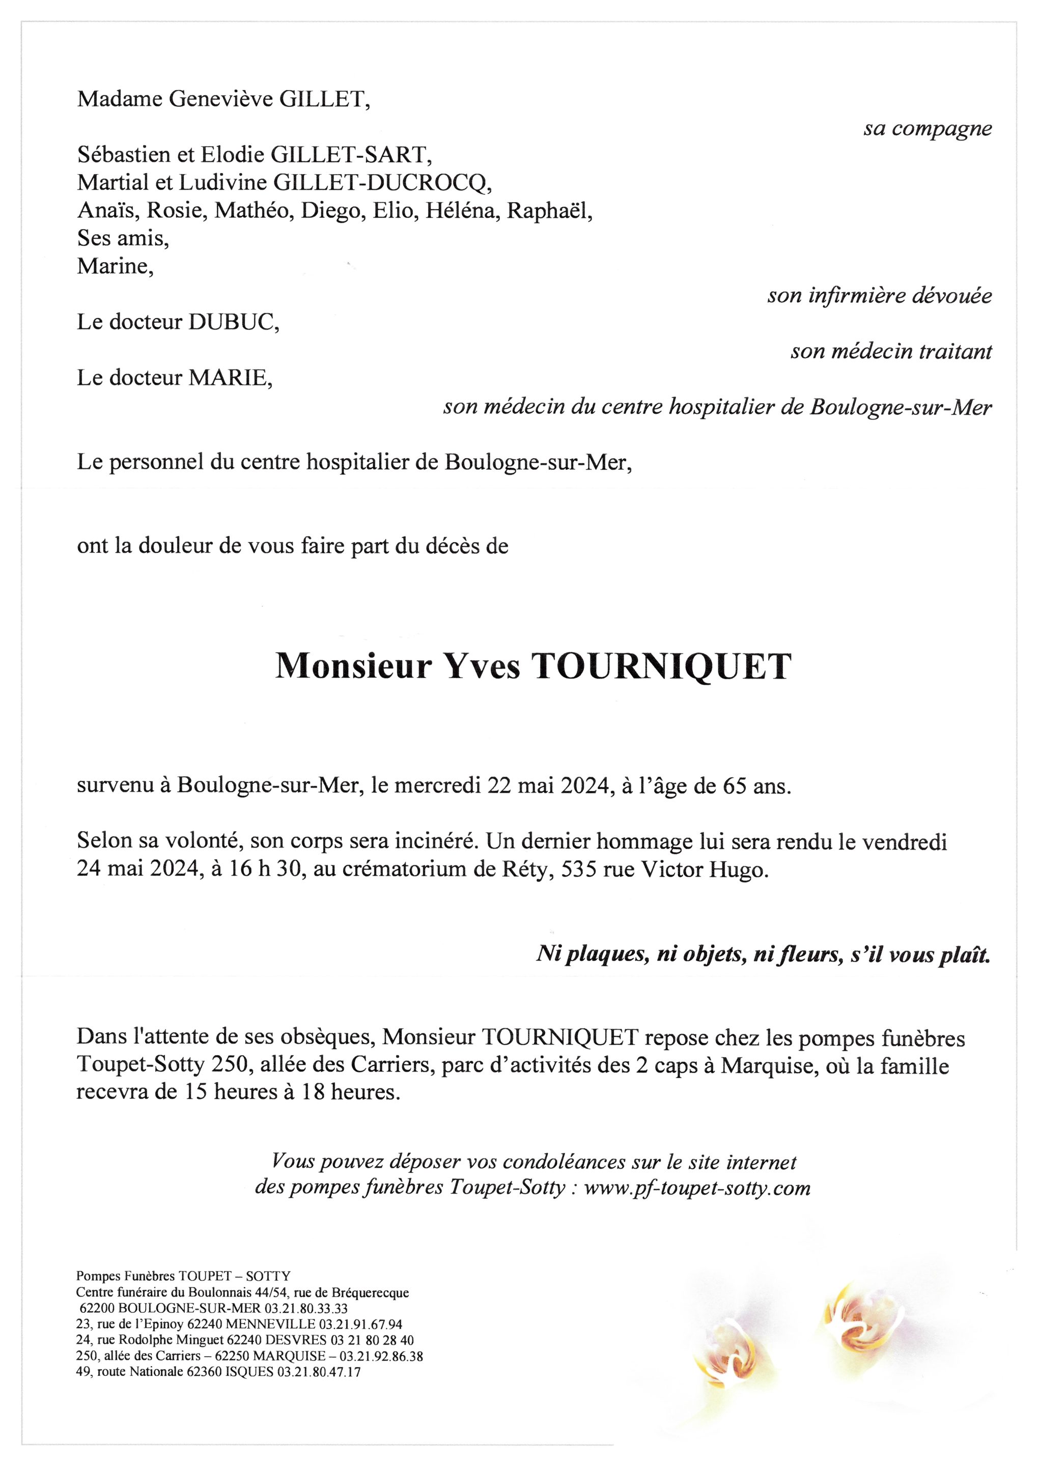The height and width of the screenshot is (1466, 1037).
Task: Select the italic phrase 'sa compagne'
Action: (x=927, y=128)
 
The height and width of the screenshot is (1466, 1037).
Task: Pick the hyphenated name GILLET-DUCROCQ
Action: (x=383, y=183)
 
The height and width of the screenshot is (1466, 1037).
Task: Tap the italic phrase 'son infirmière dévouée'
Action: (x=879, y=296)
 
